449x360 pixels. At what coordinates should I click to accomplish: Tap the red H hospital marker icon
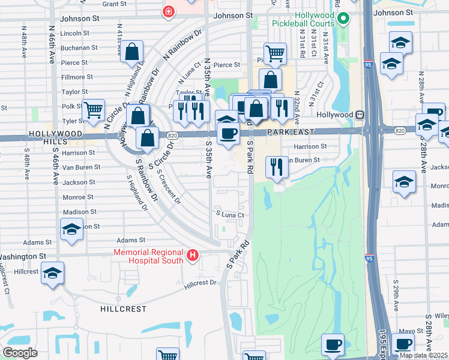click(193, 256)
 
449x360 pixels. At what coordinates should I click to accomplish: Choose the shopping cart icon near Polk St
click(93, 110)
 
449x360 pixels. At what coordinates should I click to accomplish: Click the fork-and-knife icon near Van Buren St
click(276, 166)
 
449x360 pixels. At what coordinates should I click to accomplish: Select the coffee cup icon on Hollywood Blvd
click(228, 133)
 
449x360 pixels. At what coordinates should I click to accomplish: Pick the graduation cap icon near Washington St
click(52, 272)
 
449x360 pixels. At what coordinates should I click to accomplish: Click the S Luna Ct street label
click(231, 214)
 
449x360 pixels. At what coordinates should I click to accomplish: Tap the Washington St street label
click(25, 256)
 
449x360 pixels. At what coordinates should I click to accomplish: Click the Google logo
click(20, 353)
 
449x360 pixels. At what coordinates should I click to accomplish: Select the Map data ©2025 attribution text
click(423, 355)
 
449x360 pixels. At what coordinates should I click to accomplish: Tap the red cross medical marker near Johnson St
click(169, 11)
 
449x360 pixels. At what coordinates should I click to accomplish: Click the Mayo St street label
click(412, 330)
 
